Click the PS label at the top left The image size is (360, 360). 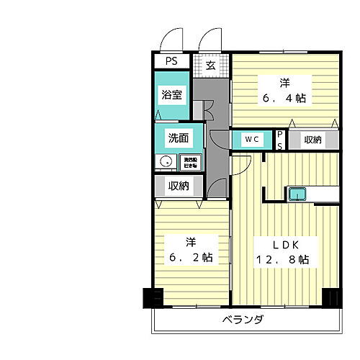tap(171, 62)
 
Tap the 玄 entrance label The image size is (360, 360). tap(210, 66)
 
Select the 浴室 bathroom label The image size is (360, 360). tap(171, 94)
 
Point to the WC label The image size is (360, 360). tap(250, 139)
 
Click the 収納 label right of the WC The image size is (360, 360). tap(312, 139)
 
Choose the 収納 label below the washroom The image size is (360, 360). tap(178, 186)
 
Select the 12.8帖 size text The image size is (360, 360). tap(283, 258)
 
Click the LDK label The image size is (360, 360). tap(283, 242)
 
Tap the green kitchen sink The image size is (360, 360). tap(298, 193)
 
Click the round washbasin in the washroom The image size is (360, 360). tap(166, 162)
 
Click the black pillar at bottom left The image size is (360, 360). tap(153, 297)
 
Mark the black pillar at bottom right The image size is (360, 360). tap(331, 297)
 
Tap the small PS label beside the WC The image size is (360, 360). tap(281, 140)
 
